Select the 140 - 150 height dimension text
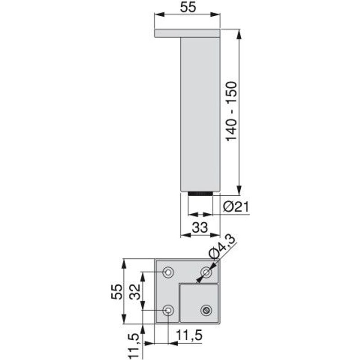click(x=231, y=111)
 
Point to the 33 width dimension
click(x=199, y=227)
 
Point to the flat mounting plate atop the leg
click(x=187, y=33)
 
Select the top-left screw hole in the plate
click(x=169, y=272)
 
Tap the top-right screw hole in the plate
click(x=206, y=272)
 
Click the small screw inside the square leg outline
click(x=207, y=310)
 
